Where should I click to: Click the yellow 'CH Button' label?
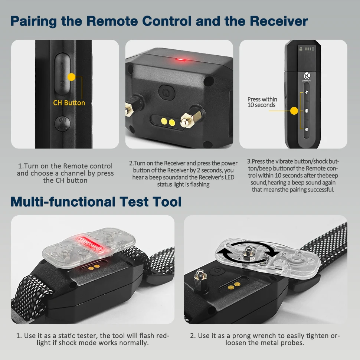tap(69, 103)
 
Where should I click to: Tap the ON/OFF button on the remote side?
tap(62, 124)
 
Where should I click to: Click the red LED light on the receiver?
tap(181, 60)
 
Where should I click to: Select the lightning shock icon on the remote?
tap(307, 92)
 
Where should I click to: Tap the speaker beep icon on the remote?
tap(307, 130)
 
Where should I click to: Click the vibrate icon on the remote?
tap(307, 111)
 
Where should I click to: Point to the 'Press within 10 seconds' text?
tap(262, 102)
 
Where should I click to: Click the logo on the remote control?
tap(307, 76)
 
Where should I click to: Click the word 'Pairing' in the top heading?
tap(33, 22)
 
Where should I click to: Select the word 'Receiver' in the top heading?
tap(279, 21)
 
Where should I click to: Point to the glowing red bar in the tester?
tap(90, 245)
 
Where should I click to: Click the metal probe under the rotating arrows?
tap(248, 254)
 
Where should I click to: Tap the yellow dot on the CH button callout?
tap(71, 77)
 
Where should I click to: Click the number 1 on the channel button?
tap(62, 66)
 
